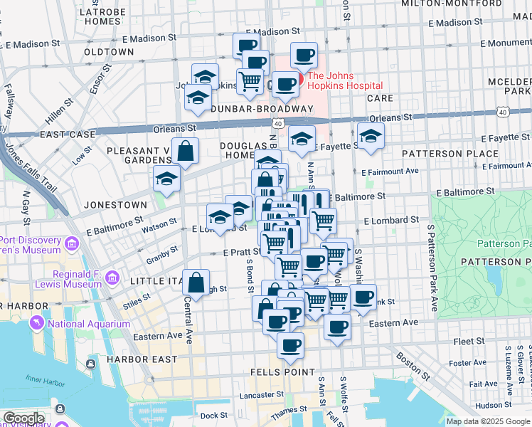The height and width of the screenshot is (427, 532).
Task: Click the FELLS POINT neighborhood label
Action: point(282,372)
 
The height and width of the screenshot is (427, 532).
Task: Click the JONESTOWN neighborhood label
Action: point(115,204)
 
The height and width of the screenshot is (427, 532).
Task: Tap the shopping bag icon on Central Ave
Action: point(196,282)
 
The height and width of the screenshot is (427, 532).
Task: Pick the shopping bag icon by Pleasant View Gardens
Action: point(185,152)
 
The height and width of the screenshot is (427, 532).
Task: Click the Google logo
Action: point(23,418)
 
